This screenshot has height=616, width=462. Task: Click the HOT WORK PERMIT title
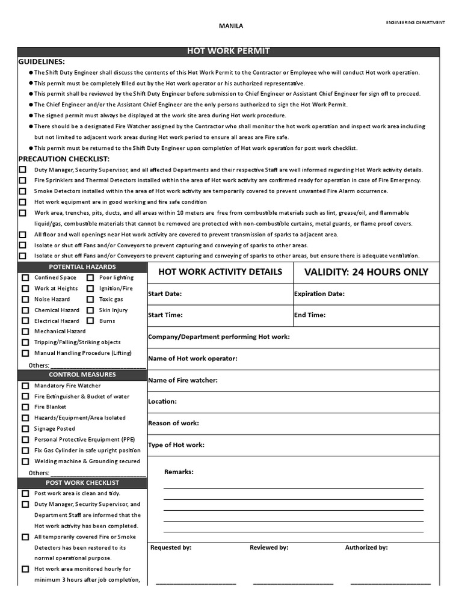[x=228, y=52]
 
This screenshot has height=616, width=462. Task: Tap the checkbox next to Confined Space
[x=25, y=278]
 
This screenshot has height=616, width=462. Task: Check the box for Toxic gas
[x=90, y=300]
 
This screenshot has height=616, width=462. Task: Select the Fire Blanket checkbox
[x=25, y=407]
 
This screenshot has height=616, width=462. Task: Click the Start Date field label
[x=165, y=294]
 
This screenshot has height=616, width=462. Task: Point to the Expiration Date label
[x=319, y=294]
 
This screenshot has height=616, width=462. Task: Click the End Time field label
[x=309, y=315]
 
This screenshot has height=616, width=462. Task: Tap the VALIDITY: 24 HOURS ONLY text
[x=366, y=272]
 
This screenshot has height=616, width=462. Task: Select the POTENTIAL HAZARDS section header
[x=82, y=266]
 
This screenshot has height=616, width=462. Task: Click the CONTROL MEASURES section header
[x=82, y=375]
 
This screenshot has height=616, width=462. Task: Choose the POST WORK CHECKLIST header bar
[x=82, y=482]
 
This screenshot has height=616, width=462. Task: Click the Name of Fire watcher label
[x=183, y=380]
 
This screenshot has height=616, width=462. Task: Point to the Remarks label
[x=179, y=472]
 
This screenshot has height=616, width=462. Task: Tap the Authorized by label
[x=366, y=548]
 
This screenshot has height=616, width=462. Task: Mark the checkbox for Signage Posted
[x=25, y=429]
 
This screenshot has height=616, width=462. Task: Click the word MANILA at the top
[x=230, y=26]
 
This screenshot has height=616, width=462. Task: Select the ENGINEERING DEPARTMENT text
[x=415, y=22]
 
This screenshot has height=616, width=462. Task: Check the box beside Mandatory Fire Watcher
[x=25, y=386]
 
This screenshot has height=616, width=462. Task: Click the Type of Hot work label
[x=176, y=445]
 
